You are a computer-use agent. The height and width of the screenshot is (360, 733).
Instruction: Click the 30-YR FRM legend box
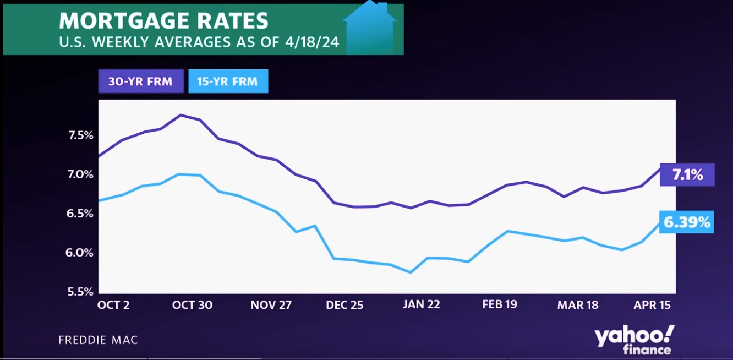141,81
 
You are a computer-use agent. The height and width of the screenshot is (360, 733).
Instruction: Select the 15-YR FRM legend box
228,81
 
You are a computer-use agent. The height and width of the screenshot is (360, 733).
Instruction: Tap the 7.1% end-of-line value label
687,175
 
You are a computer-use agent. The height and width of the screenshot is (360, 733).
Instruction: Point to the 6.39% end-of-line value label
686,222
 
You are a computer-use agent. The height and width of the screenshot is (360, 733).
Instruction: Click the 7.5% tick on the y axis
80,135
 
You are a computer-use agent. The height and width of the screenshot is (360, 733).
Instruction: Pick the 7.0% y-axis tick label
80,174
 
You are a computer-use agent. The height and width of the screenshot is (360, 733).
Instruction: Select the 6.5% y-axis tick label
80,214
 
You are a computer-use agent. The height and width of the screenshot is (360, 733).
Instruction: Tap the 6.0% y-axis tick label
80,253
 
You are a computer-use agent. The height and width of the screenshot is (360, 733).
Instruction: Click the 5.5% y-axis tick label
80,292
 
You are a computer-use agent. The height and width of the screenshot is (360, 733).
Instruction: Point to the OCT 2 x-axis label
113,305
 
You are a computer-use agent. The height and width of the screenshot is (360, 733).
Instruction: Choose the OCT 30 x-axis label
192,305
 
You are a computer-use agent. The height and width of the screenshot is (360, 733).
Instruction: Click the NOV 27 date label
271,305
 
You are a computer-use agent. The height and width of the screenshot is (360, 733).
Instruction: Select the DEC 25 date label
344,305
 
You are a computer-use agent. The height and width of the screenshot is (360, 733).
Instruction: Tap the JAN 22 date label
422,305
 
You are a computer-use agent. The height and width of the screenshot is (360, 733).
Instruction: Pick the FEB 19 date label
500,305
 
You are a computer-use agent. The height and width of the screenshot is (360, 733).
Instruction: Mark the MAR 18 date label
578,305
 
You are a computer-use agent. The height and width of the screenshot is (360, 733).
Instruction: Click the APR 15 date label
652,305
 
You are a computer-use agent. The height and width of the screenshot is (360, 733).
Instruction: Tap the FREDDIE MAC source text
98,340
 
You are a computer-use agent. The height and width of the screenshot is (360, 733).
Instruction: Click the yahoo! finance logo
634,340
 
